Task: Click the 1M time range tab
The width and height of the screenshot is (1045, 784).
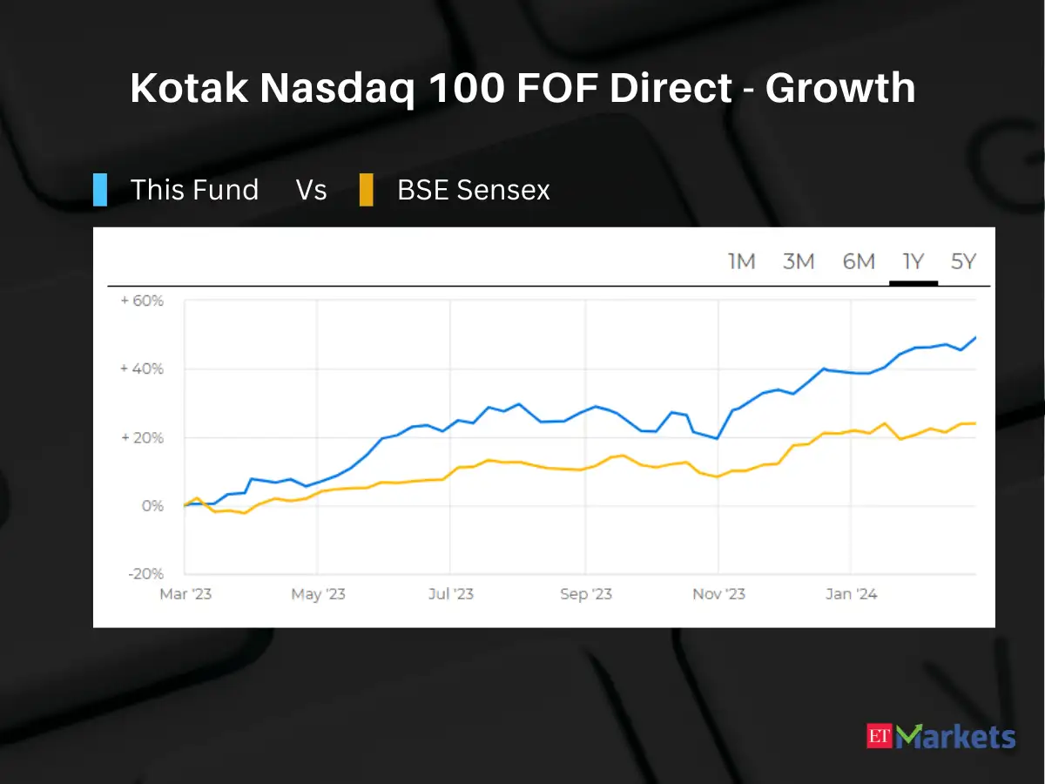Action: pos(741,261)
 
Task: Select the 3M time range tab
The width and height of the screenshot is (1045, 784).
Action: pos(798,261)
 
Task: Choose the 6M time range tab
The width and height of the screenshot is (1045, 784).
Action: pos(858,261)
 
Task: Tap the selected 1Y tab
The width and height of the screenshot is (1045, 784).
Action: pos(913,261)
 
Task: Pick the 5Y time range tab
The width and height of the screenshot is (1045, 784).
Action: pos(963,261)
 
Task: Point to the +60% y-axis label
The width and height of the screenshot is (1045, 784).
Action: pos(142,301)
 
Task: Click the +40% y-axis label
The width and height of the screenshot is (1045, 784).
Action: pos(142,369)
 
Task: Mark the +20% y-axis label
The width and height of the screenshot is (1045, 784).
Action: pos(142,437)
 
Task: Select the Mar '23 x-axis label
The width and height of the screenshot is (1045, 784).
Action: pos(185,594)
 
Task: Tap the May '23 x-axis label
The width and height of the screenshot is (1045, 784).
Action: pos(318,594)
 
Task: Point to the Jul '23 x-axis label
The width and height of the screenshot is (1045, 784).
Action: pos(451,594)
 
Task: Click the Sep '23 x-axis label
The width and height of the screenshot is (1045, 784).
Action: pos(585,594)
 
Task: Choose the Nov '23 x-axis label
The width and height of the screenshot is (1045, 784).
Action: pos(718,594)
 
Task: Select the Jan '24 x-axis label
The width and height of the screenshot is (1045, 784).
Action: pos(851,594)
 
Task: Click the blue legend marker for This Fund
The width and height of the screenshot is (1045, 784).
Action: pos(100,190)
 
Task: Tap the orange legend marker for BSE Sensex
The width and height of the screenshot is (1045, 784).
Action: pos(367,190)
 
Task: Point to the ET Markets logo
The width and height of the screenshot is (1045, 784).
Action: pos(940,737)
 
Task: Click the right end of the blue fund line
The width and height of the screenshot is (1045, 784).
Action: pos(974,337)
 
